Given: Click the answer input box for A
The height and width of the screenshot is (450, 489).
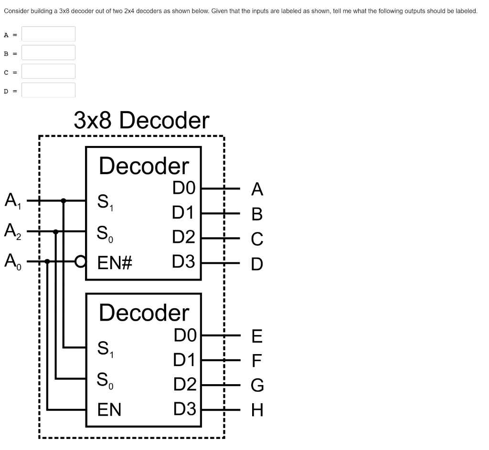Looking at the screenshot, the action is coord(48,34).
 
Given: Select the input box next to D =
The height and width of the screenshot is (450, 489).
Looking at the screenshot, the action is coord(48,90).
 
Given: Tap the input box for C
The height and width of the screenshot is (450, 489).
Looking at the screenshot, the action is coord(48,72).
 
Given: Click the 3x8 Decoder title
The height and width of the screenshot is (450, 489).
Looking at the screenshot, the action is coord(141,120).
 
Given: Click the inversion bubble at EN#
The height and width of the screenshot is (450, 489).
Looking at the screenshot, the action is coord(80,262).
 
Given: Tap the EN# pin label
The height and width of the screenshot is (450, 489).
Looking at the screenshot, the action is coord(115,262).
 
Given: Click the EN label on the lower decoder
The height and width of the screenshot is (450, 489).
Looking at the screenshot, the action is coord(109,409).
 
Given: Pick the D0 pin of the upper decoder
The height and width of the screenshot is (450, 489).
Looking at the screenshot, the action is coord(184,188).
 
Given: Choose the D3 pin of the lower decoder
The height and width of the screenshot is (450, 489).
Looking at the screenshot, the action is coord(185,409).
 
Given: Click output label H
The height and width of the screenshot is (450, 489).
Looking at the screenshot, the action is coord(257,410).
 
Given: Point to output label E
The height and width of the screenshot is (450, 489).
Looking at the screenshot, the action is coord(257,336).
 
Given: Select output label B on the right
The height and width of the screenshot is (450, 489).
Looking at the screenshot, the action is coord(257,214).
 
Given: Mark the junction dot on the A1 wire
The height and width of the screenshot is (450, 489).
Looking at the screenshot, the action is coord(64,201).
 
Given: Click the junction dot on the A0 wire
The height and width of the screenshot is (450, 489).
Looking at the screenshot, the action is coord(47,262).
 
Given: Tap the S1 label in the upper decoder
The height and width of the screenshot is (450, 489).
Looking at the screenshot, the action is coord(105,202).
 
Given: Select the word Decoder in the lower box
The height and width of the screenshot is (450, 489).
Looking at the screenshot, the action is coord(144,313).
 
